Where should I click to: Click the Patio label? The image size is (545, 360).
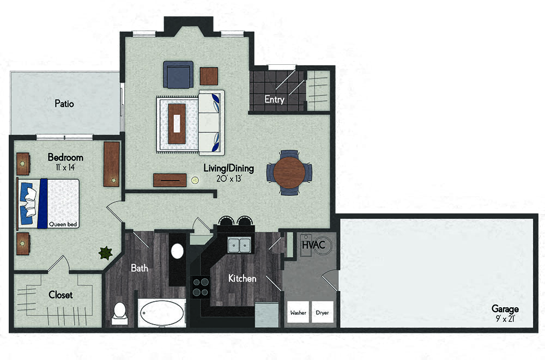64,103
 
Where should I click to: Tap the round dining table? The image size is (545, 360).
289,172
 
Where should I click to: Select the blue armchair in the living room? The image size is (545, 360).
178,75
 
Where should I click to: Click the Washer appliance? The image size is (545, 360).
298,313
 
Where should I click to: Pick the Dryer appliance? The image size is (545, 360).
322,313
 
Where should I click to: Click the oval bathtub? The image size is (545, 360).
162,313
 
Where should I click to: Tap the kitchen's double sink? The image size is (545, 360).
239,245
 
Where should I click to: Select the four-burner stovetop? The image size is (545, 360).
201,287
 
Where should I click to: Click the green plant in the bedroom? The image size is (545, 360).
105,253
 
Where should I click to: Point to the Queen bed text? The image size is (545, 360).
63,224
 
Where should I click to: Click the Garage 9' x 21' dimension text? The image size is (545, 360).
505,319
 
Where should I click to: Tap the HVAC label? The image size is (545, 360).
313,245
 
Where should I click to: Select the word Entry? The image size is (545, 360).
274,99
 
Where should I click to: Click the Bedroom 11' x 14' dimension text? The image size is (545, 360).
65,167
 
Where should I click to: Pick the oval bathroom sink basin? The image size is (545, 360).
177,251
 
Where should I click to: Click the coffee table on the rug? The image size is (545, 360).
177,123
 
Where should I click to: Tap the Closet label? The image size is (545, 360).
61,295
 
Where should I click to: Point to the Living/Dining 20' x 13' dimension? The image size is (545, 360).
228,179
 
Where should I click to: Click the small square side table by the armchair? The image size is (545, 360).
209,76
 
